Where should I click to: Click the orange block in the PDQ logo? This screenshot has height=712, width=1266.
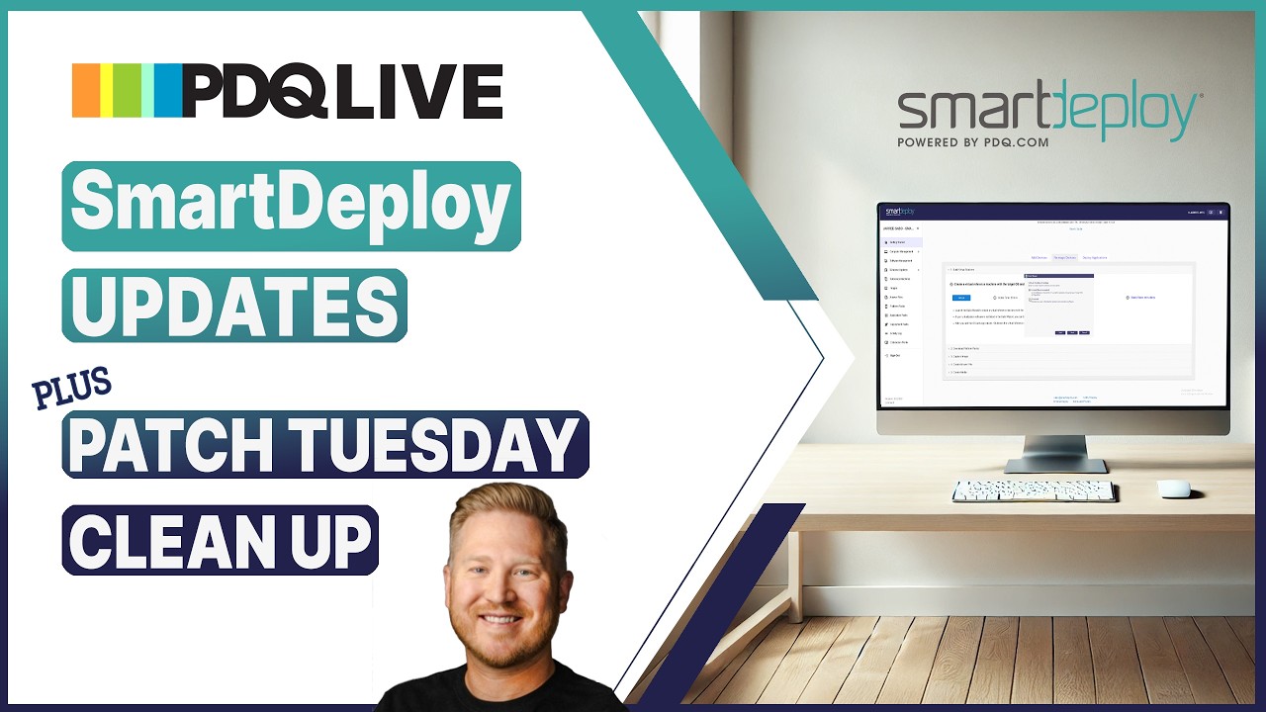pos(86,91)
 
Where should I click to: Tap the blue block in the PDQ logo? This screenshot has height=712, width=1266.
pos(168,91)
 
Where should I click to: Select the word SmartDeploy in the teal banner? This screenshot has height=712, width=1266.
pos(291,205)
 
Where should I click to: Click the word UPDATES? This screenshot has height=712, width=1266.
pos(234,306)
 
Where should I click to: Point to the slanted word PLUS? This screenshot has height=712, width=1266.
pos(72,389)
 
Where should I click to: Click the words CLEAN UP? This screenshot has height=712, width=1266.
pos(220,540)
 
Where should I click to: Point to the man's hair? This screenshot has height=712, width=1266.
pos(504,509)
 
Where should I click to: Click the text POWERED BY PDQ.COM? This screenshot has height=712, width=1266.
pos(972,142)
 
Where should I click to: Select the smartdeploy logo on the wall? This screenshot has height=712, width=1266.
pos(1048,110)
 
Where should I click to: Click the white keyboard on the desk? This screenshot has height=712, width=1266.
pos(1034,490)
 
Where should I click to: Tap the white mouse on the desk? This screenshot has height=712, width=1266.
pos(1173,489)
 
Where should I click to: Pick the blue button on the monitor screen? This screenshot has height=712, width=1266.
pos(961,297)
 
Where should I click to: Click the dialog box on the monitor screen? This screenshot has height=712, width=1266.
pos(1058,305)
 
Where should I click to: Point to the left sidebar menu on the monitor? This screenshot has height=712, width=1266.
pos(901,307)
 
